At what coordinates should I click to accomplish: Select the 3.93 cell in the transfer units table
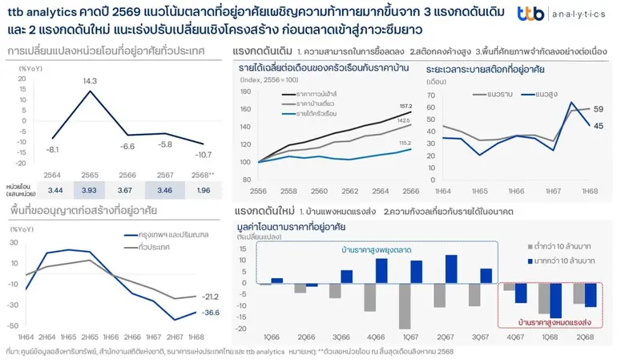coord(89,190)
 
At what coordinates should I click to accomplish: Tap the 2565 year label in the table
coord(89,174)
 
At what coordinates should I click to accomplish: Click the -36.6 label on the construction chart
coord(212,312)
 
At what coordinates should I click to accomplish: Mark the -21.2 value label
coord(212,296)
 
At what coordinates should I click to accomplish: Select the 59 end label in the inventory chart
coord(599,109)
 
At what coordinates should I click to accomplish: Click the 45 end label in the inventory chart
coord(599,125)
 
